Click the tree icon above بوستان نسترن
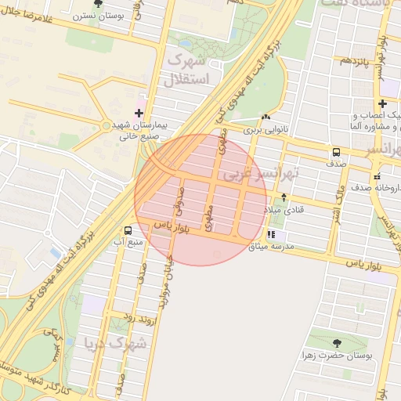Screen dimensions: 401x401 [97, 3]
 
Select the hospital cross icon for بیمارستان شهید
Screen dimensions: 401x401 [139, 114]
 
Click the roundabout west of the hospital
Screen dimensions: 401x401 [107, 125]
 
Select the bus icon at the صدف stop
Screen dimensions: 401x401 [336, 152]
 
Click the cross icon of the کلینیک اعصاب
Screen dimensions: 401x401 [382, 103]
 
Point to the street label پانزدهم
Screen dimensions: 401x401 [352, 60]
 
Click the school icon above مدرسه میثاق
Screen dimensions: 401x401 [271, 234]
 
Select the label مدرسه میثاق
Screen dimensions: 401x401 [271, 247]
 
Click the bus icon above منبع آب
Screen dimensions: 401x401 [127, 230]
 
